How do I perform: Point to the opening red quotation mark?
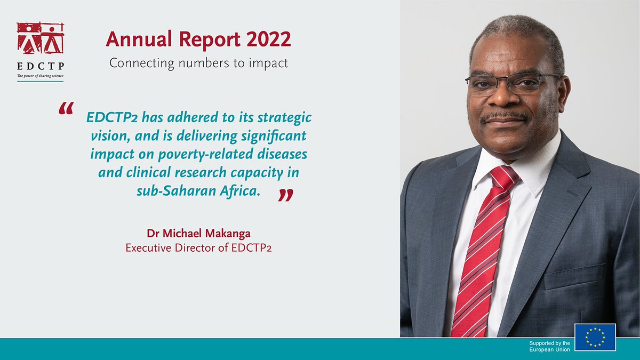[66, 109]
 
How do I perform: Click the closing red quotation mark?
[286, 196]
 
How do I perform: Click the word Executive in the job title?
[147, 248]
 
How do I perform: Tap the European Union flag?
[595, 337]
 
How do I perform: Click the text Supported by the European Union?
[549, 346]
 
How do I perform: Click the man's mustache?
[505, 116]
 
